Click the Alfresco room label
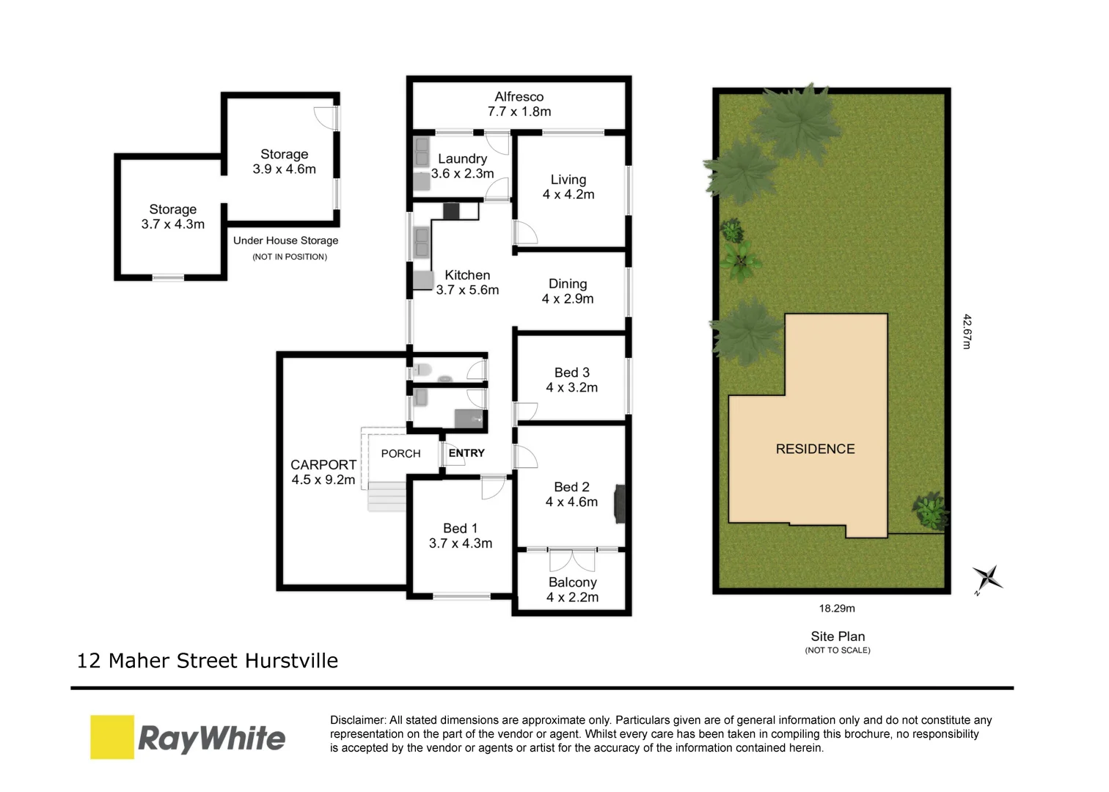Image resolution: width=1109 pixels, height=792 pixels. tap(519, 97)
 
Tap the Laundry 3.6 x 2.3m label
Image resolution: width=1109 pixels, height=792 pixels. tap(462, 166)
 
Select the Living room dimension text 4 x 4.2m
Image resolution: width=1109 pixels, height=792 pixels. tap(568, 194)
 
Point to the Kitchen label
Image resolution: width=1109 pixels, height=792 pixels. tap(467, 275)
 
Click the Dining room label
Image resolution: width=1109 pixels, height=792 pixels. tap(568, 284)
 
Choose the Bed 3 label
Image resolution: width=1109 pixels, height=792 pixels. tap(571, 373)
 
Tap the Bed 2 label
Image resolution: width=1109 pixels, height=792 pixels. tap(571, 487)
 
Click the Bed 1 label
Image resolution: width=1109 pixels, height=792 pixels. tap(460, 528)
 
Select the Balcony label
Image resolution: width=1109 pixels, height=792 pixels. tap(572, 582)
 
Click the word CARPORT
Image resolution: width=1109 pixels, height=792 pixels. tap(323, 465)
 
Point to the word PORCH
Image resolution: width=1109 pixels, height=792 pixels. tap(400, 454)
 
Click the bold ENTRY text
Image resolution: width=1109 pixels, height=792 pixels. tap(466, 453)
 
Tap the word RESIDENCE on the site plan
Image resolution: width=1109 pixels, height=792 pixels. tap(815, 449)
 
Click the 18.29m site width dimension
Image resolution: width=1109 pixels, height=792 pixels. tap(837, 608)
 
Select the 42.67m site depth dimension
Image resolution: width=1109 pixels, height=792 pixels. tap(967, 331)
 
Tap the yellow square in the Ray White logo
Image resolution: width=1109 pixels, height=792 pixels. tap(112, 737)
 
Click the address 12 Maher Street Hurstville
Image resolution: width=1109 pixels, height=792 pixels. tap(208, 661)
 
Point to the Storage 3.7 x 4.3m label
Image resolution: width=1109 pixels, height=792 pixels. tap(173, 217)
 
